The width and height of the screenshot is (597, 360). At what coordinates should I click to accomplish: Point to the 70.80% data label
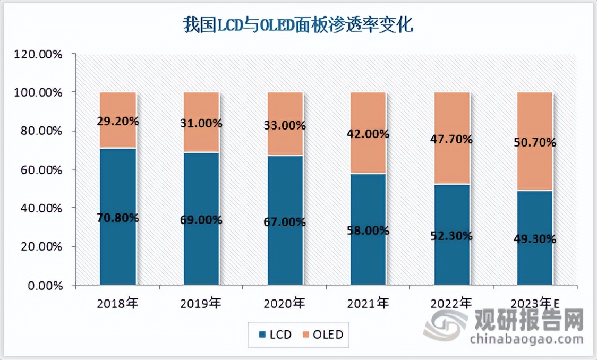[118, 217]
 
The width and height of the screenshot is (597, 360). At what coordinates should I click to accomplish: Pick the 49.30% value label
[535, 239]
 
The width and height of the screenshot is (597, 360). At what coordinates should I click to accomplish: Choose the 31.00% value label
[201, 123]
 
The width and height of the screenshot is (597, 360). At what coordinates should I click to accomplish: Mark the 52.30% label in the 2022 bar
[452, 236]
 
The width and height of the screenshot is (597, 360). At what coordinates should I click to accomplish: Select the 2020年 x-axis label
[285, 304]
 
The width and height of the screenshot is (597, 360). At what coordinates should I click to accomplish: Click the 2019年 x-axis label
[201, 304]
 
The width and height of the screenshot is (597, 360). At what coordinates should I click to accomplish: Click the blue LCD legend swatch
[262, 335]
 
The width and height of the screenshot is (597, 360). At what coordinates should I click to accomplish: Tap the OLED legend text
[328, 335]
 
